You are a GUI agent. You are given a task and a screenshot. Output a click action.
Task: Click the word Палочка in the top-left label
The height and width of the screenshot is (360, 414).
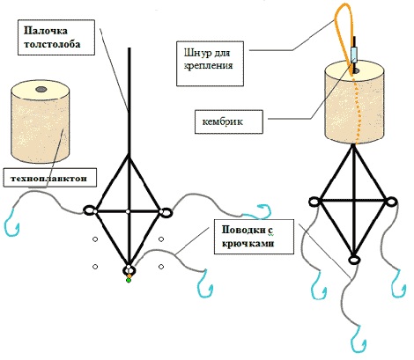[x=46, y=31]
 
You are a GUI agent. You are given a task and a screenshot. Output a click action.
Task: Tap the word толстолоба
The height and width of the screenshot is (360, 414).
[x=52, y=44]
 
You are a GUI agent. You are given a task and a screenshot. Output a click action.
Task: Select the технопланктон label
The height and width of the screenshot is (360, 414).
[x=49, y=178]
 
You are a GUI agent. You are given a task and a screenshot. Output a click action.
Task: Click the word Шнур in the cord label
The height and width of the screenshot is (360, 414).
[x=196, y=53]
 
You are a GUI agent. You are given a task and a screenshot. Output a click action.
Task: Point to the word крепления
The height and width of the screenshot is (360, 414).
[x=208, y=65]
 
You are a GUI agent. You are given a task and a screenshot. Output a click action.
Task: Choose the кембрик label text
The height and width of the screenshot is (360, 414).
[x=223, y=121]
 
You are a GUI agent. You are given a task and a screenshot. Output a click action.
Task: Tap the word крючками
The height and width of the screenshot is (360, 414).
[x=248, y=244]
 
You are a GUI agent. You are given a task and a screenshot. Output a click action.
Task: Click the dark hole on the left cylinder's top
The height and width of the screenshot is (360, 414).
[x=41, y=89]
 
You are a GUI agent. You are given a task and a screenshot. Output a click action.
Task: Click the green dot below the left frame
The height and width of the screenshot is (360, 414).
[x=129, y=281]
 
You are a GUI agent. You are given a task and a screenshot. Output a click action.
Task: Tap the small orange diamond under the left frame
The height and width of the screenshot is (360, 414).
[x=129, y=276]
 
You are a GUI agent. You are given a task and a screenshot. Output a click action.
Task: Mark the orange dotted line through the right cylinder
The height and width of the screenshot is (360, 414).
[x=357, y=114]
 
